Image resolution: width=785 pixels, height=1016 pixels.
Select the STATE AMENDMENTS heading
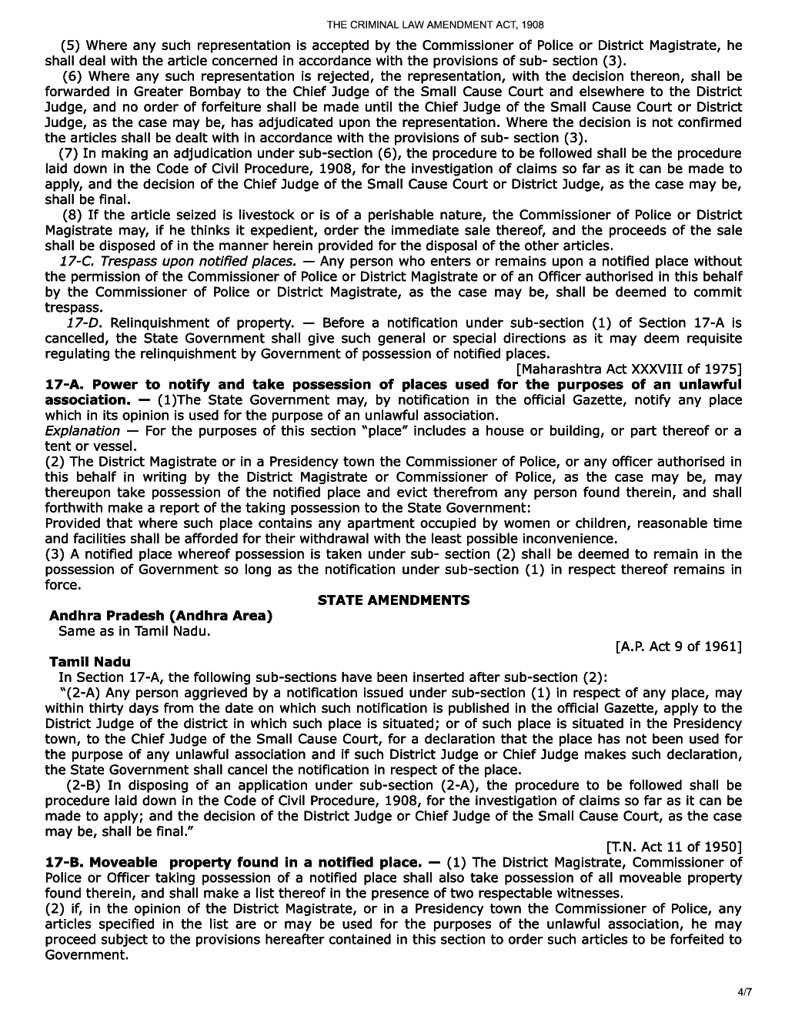pyautogui.click(x=393, y=600)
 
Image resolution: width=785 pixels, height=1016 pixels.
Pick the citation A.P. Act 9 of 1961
pyautogui.click(x=678, y=646)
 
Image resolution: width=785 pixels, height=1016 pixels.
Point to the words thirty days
pyautogui.click(x=82, y=708)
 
